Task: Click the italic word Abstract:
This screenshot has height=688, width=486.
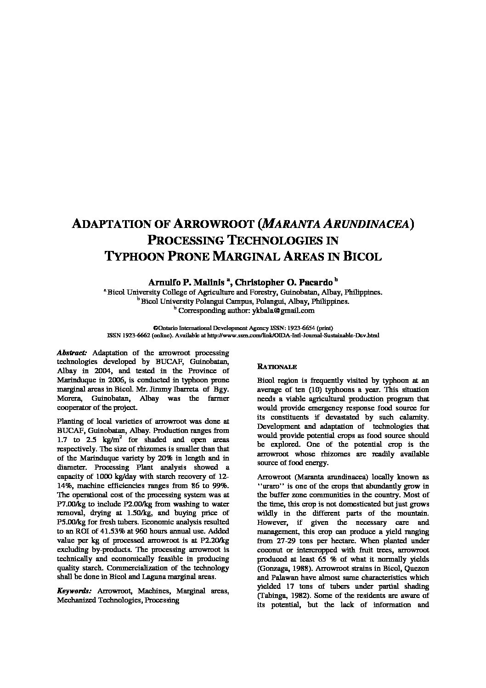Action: [x=72, y=353]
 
